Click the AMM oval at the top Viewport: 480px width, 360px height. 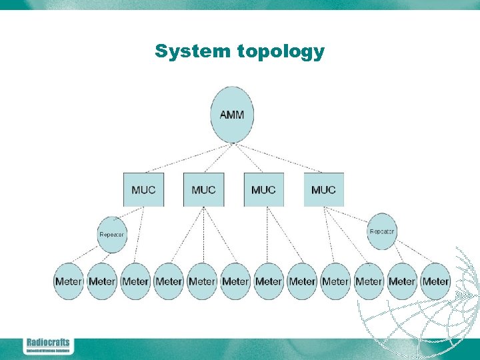pos(231,115)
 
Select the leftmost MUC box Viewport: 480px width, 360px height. pos(143,189)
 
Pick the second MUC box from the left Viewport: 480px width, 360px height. pos(203,189)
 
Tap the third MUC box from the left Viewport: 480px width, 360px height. pos(263,189)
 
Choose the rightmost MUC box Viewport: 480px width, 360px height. pos(323,189)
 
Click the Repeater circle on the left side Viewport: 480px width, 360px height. pos(111,234)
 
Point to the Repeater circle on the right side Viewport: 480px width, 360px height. pos(381,231)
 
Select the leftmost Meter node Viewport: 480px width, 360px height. pos(69,281)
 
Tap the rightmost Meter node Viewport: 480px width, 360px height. pos(435,281)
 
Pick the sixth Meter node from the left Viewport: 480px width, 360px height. pos(235,281)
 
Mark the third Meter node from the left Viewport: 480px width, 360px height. pos(135,281)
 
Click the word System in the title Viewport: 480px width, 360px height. pos(194,51)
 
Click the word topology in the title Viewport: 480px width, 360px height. pos(281,52)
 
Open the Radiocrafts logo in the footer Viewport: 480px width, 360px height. pos(47,345)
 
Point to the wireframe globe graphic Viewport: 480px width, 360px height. pos(427,307)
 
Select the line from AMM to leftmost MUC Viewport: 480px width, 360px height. pos(187,158)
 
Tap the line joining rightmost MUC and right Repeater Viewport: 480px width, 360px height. pos(353,215)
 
